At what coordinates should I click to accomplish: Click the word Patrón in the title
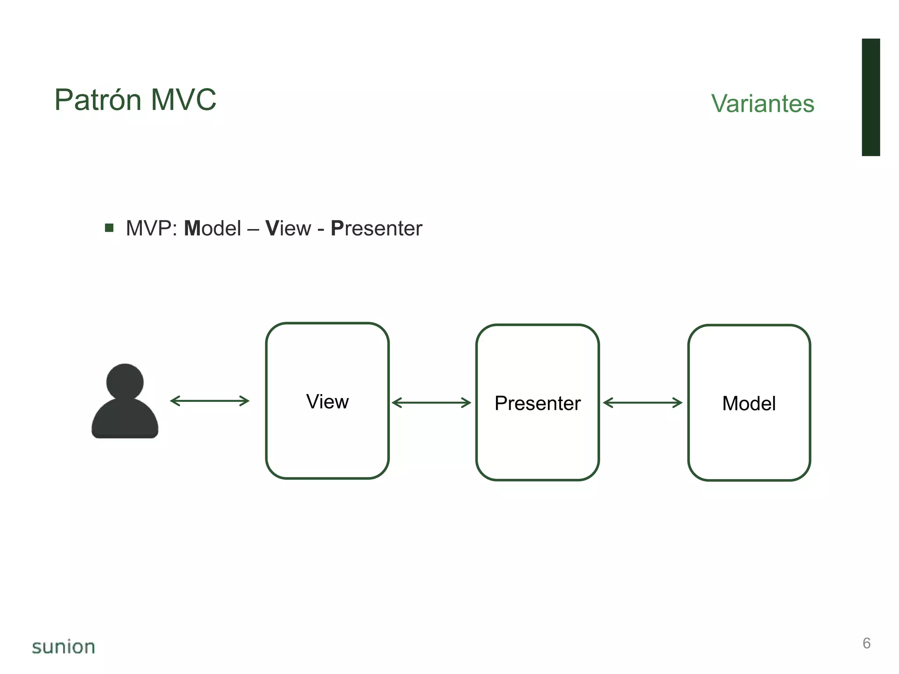click(97, 100)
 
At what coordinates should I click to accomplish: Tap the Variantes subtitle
click(762, 104)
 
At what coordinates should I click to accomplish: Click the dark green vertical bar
click(870, 97)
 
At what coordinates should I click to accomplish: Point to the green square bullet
click(109, 228)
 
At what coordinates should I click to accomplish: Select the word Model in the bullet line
click(212, 229)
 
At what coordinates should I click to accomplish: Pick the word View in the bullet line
click(288, 229)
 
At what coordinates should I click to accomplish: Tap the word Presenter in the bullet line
click(376, 229)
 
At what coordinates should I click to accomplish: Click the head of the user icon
click(125, 381)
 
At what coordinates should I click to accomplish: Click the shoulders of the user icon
click(125, 419)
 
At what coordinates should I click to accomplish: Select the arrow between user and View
click(210, 401)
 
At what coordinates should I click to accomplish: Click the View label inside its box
click(327, 402)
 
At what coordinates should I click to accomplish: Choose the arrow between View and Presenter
click(431, 403)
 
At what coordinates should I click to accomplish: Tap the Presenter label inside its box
click(537, 403)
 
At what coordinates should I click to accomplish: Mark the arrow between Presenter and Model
click(643, 403)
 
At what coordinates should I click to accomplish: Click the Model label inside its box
click(749, 403)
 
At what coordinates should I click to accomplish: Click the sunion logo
click(64, 647)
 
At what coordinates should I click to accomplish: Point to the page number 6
click(867, 643)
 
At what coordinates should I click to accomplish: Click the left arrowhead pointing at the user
click(174, 401)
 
